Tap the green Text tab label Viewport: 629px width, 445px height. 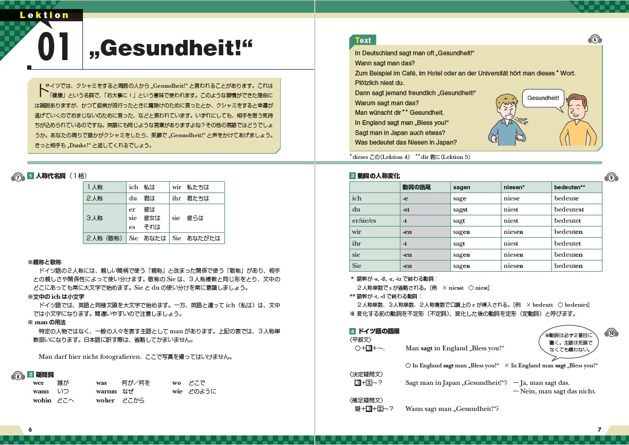pyautogui.click(x=363, y=40)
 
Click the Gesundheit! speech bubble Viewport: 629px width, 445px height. pyautogui.click(x=543, y=98)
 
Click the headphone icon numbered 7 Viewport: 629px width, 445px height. pyautogui.click(x=18, y=178)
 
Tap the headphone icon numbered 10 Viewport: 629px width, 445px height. pyautogui.click(x=611, y=333)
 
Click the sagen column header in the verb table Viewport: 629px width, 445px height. pyautogui.click(x=462, y=187)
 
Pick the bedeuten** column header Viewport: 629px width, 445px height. pyautogui.click(x=569, y=187)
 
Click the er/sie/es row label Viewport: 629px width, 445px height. pyautogui.click(x=364, y=221)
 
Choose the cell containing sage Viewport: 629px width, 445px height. pyautogui.click(x=460, y=198)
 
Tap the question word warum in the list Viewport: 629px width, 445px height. pyautogui.click(x=106, y=392)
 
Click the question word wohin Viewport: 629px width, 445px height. pyautogui.click(x=42, y=401)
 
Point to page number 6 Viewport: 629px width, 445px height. pyautogui.click(x=30, y=429)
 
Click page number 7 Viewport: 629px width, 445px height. pyautogui.click(x=599, y=429)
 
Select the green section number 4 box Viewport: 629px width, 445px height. pyautogui.click(x=352, y=331)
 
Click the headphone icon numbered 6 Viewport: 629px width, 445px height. pyautogui.click(x=595, y=40)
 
